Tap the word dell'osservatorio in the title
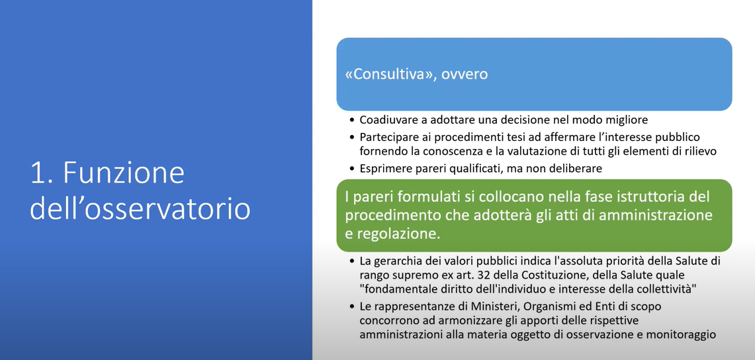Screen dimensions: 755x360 click(x=140, y=209)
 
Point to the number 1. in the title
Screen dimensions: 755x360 click(x=42, y=173)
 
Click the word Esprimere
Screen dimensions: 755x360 click(x=382, y=169)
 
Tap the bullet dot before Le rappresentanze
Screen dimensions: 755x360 click(x=353, y=306)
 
